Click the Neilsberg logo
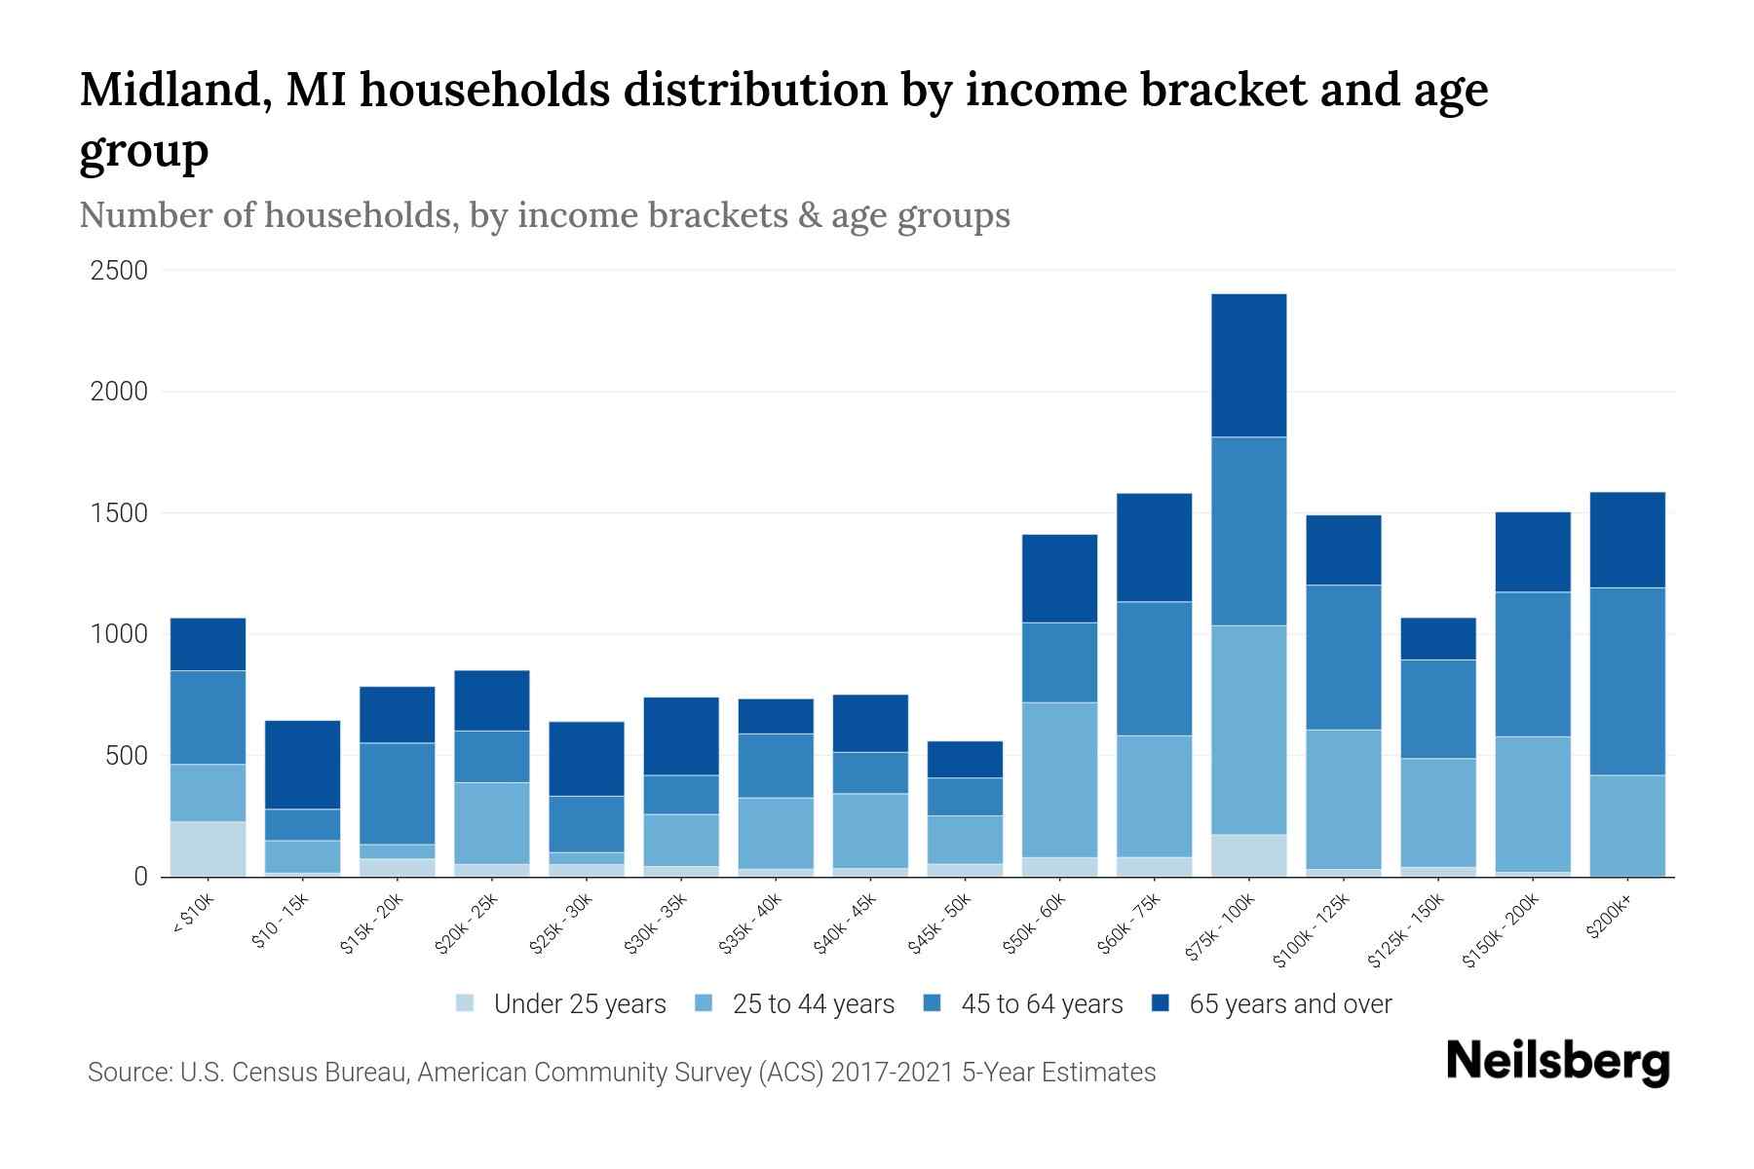click(1557, 1062)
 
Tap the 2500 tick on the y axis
click(119, 271)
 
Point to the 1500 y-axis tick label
click(119, 513)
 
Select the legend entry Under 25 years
click(579, 1004)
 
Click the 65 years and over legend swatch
click(1161, 1003)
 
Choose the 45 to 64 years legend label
click(1042, 1004)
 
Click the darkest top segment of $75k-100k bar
click(1248, 365)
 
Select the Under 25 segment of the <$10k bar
click(208, 848)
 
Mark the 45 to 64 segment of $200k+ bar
click(1627, 681)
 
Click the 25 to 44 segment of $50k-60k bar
click(1059, 779)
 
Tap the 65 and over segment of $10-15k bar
click(302, 765)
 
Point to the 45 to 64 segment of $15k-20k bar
click(397, 793)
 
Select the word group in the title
click(143, 152)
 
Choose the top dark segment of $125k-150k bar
click(1437, 639)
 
